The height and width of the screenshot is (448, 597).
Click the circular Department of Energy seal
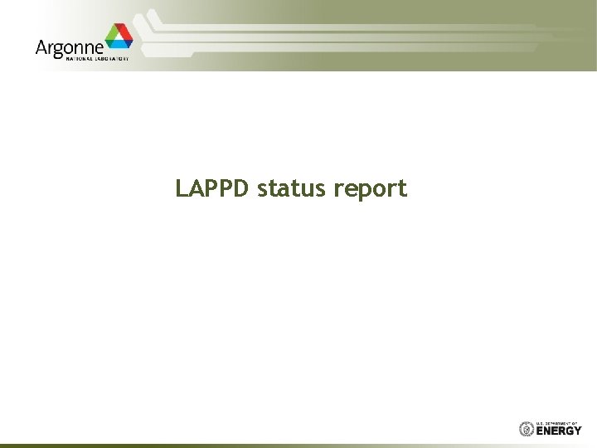point(527,429)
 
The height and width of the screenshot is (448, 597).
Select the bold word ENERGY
point(559,431)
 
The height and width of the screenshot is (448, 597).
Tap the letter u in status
point(308,190)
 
